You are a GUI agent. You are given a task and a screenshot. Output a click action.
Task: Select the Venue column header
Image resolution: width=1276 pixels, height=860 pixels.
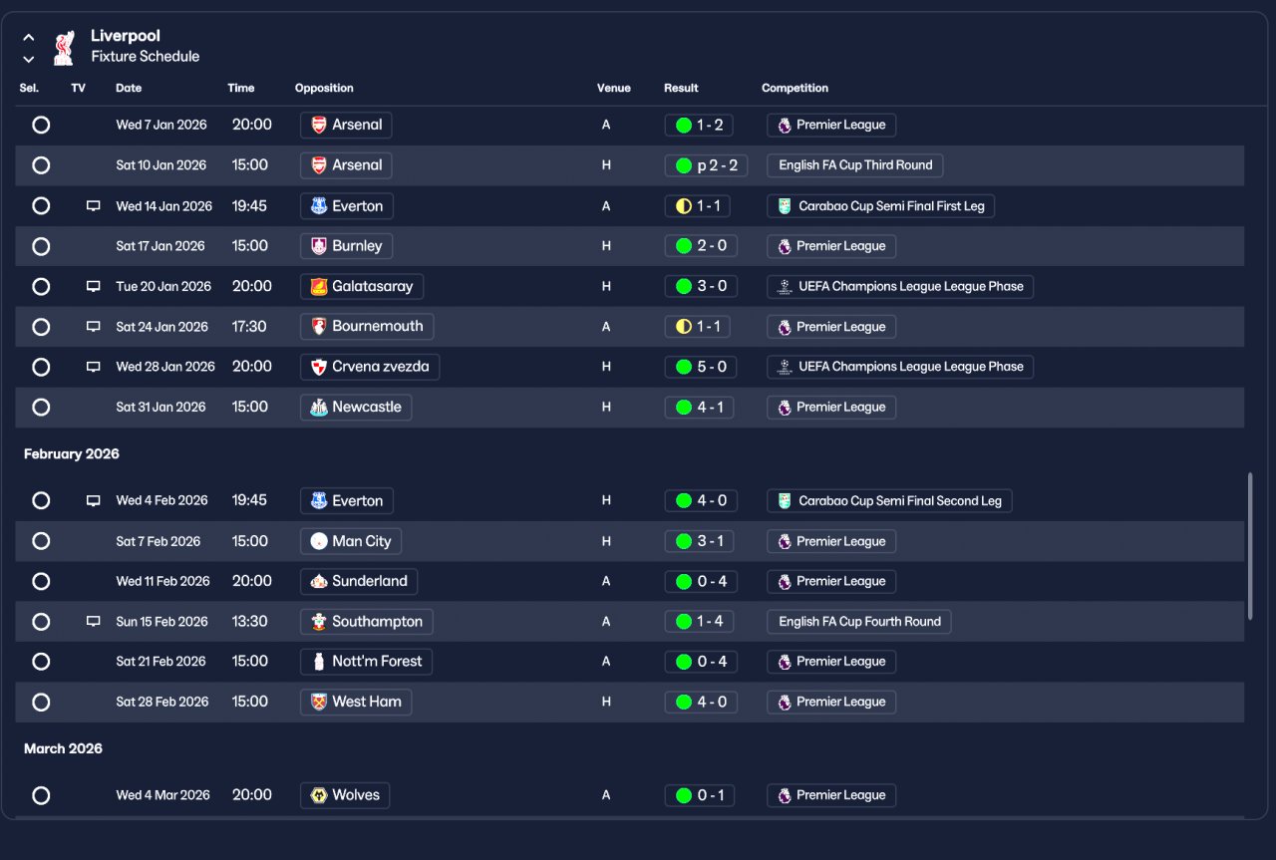(x=613, y=88)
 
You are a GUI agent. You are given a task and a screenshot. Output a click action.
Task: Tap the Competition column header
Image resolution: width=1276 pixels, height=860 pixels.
(x=795, y=88)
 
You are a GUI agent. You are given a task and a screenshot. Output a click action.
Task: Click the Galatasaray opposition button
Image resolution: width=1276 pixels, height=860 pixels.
(x=362, y=286)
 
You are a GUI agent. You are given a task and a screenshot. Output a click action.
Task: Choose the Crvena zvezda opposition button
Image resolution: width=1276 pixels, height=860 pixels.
(x=370, y=367)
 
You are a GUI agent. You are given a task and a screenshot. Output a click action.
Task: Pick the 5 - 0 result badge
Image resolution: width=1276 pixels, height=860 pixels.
(x=700, y=367)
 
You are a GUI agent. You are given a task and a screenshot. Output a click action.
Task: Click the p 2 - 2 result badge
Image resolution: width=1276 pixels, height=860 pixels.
(x=706, y=165)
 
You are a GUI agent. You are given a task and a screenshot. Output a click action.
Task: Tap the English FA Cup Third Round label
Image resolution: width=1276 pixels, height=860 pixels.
(x=855, y=165)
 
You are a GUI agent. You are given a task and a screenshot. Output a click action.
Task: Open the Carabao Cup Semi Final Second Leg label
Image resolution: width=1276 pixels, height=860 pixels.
(x=889, y=500)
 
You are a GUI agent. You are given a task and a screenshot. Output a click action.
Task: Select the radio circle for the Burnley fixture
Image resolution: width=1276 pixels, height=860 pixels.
(x=41, y=246)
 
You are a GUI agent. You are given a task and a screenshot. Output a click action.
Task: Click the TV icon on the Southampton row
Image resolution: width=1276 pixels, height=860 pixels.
(x=94, y=622)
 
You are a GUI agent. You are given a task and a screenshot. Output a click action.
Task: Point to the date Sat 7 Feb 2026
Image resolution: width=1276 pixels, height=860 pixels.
(x=159, y=541)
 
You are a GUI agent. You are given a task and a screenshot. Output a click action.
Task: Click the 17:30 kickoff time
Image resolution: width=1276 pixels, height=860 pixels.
(x=249, y=327)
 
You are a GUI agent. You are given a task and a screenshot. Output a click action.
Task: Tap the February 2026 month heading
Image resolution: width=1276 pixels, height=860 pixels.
(x=72, y=453)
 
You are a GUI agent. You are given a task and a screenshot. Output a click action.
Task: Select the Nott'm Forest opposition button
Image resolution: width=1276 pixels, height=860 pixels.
(x=367, y=662)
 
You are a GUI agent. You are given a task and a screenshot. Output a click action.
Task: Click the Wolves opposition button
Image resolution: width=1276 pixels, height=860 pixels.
(x=345, y=795)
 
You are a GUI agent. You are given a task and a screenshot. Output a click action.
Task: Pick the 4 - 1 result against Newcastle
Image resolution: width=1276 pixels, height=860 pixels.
(x=700, y=407)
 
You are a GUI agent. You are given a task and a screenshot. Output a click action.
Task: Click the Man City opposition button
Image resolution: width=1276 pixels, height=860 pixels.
(x=351, y=541)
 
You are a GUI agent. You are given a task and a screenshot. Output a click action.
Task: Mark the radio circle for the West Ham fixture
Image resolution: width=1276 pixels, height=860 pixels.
(x=41, y=702)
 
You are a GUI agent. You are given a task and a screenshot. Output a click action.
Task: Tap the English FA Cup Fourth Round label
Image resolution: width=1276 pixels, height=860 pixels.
(x=859, y=622)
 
